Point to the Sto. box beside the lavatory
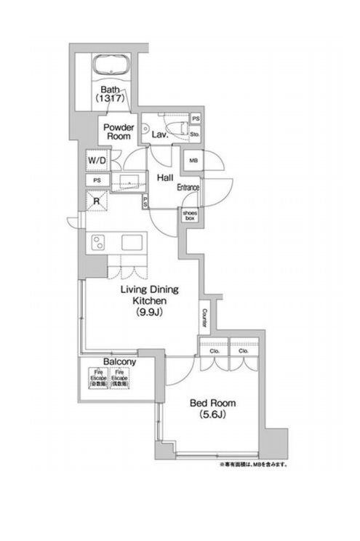point(195,135)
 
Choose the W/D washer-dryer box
point(95,160)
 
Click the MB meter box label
point(193,161)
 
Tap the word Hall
point(164,175)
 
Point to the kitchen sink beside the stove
point(132,242)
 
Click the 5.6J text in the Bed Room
point(213,415)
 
